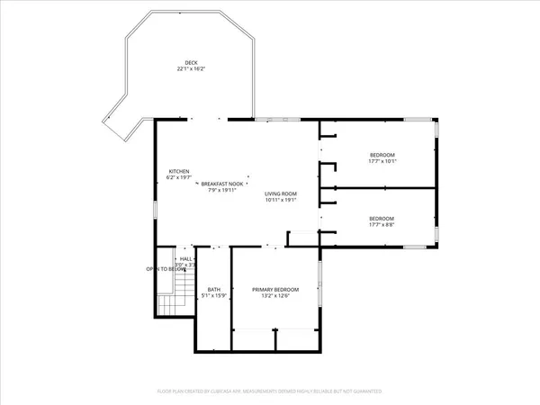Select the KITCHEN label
[179, 172]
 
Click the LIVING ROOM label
[280, 193]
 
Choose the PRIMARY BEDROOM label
[274, 289]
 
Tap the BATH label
[213, 289]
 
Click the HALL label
[185, 259]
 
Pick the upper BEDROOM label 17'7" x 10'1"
[382, 156]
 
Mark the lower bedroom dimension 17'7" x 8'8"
[382, 225]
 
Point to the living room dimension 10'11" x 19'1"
[280, 200]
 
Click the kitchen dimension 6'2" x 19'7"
[179, 178]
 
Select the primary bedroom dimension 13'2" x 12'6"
[274, 295]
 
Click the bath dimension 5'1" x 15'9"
[213, 295]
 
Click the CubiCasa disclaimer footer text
[270, 391]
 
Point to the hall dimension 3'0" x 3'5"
[186, 265]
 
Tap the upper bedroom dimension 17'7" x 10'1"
[382, 162]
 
